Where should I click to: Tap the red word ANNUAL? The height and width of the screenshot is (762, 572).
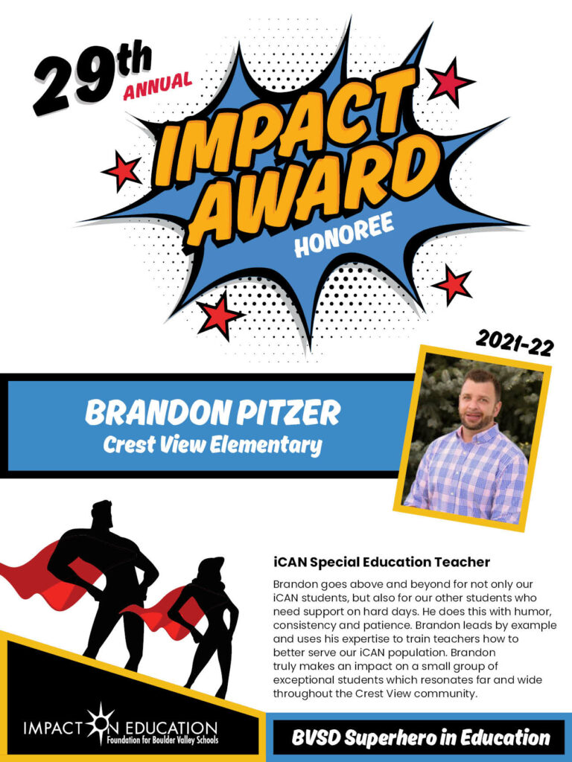click(157, 86)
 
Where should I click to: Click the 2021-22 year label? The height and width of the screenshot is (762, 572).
click(515, 342)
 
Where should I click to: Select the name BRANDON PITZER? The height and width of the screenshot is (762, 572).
click(212, 413)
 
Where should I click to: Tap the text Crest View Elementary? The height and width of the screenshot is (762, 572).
click(212, 445)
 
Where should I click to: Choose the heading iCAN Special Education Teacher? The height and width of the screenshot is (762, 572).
click(381, 563)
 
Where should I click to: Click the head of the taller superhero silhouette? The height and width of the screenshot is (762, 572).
click(101, 516)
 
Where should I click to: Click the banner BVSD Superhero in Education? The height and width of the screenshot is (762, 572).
click(420, 737)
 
